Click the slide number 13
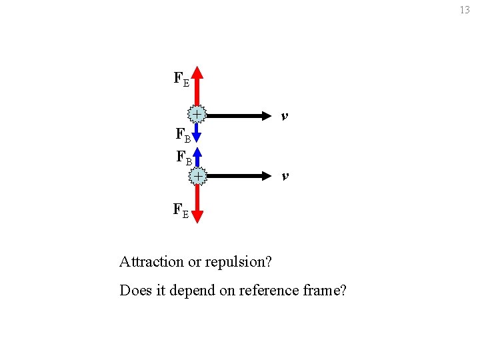(465, 10)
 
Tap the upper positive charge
(197, 115)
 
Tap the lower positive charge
(198, 175)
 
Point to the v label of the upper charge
(285, 116)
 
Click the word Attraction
(151, 261)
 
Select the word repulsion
(241, 262)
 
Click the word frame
(322, 291)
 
